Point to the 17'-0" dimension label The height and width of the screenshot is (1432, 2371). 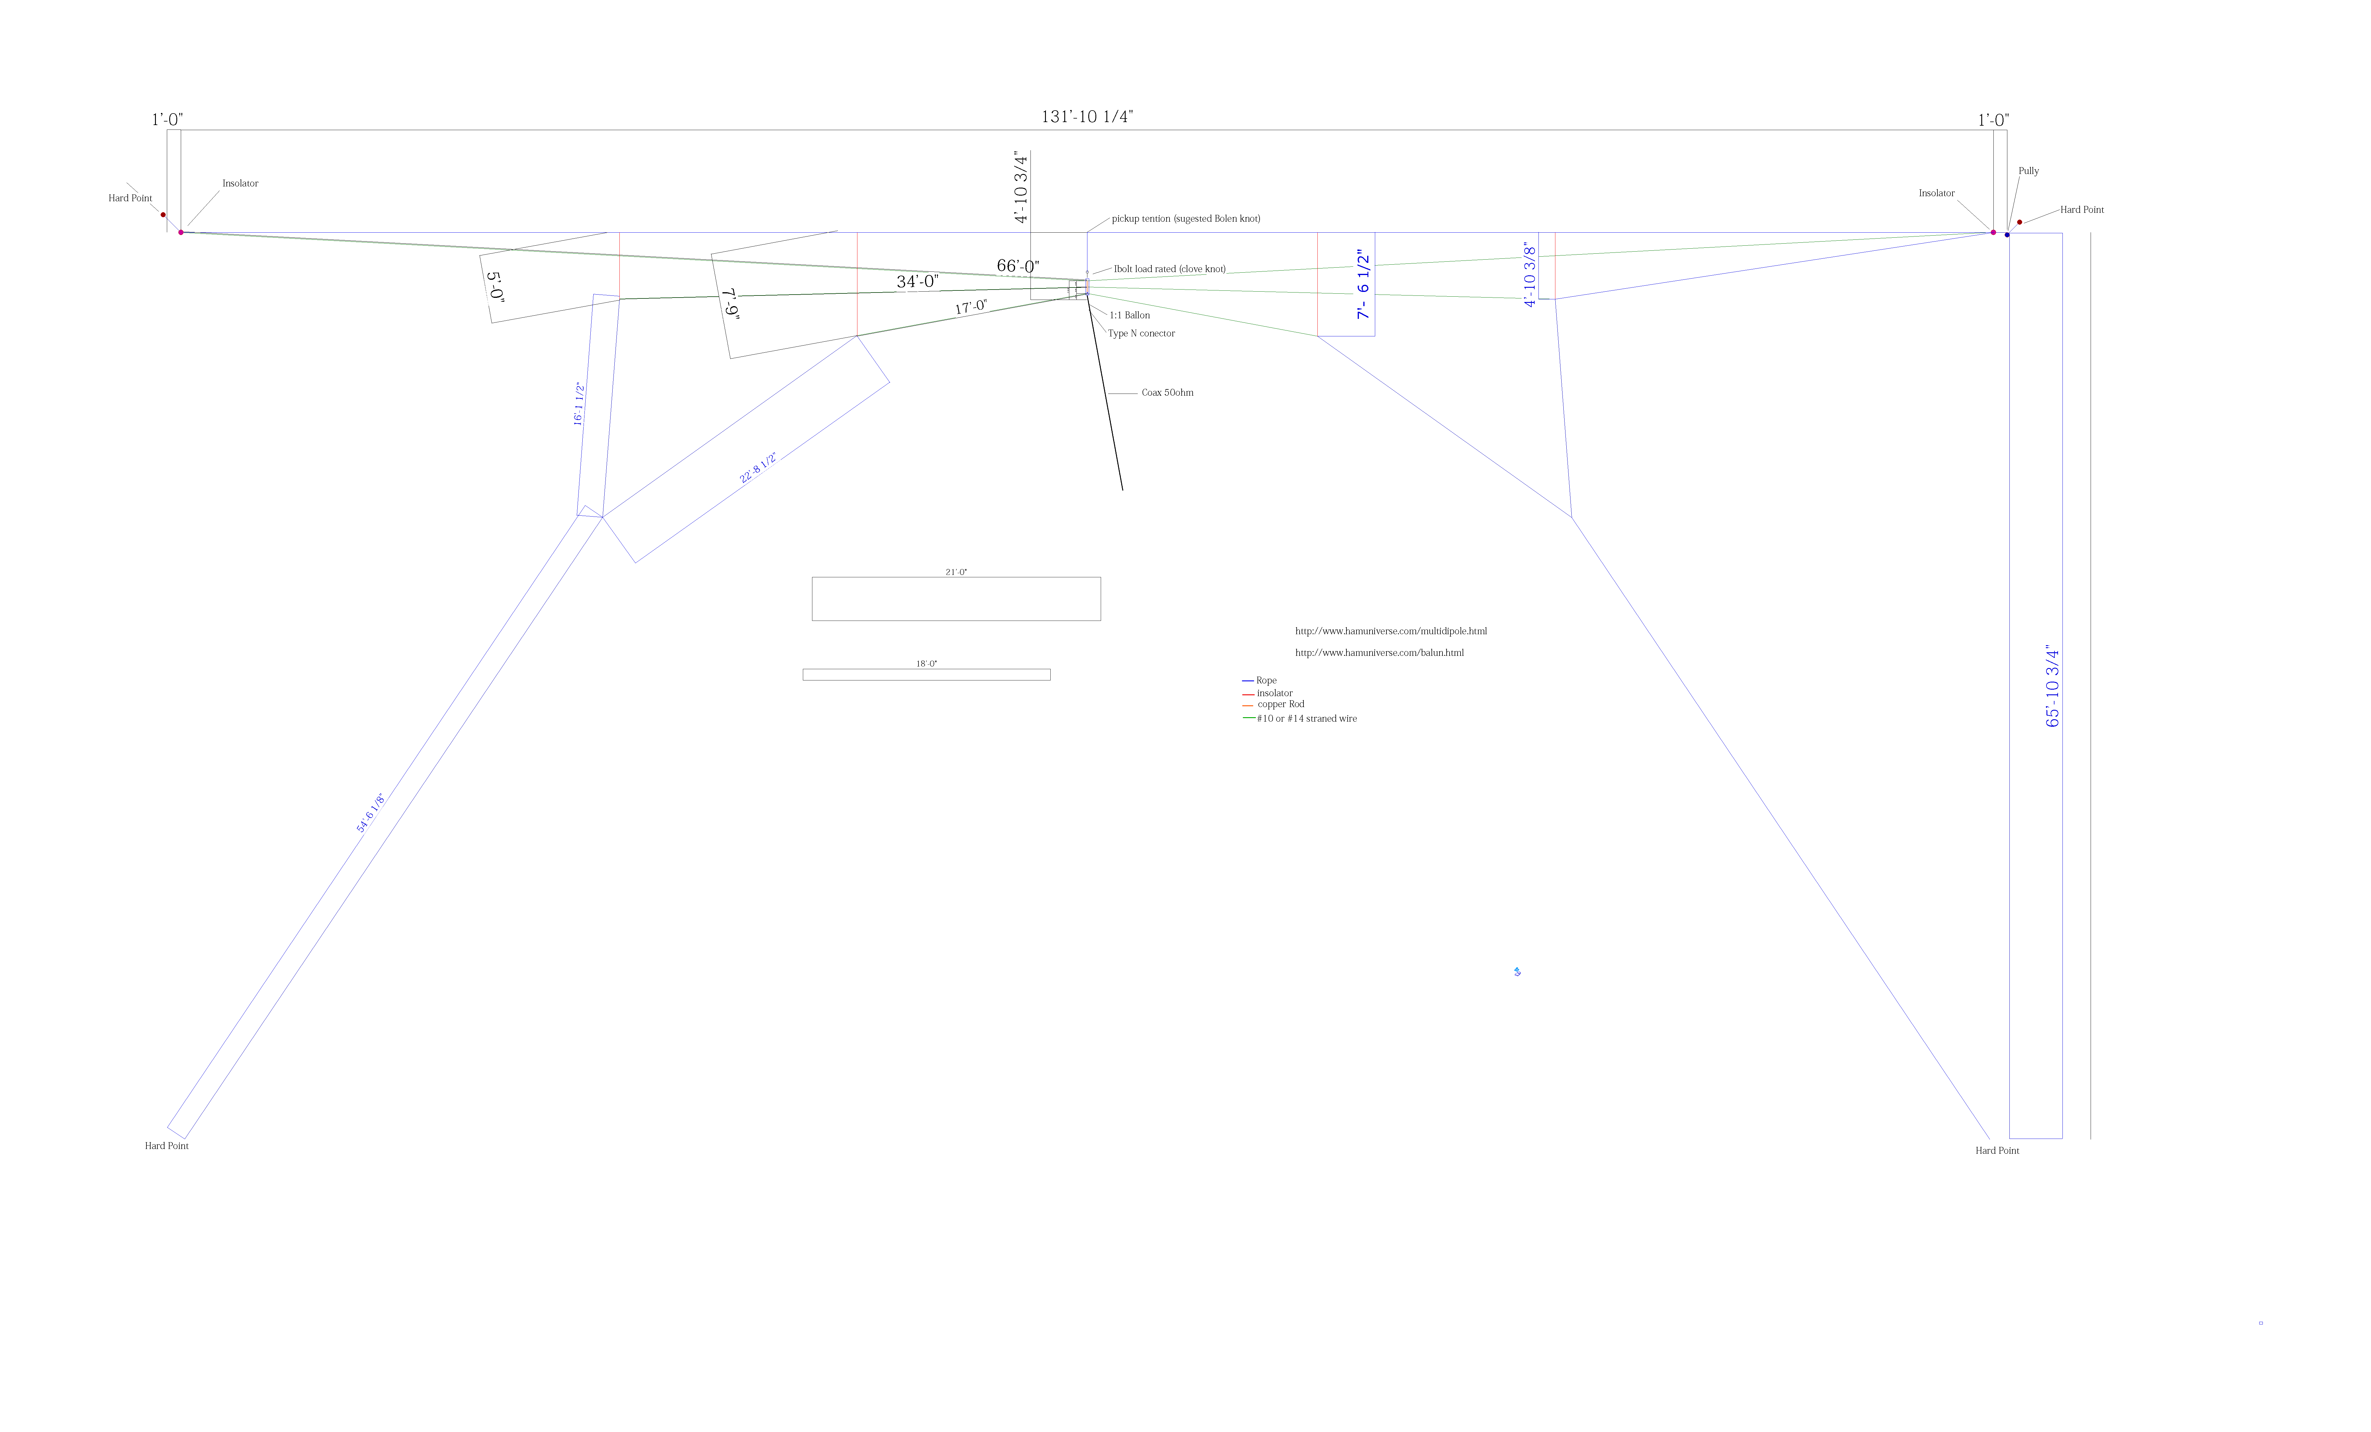tap(971, 307)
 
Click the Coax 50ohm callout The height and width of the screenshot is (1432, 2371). tap(1167, 393)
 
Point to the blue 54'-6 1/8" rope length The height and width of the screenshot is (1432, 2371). tap(370, 813)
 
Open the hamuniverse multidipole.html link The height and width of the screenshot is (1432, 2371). tap(1391, 631)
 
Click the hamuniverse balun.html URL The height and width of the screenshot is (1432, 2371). tap(1379, 653)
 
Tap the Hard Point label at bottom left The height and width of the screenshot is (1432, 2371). tap(167, 1146)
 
